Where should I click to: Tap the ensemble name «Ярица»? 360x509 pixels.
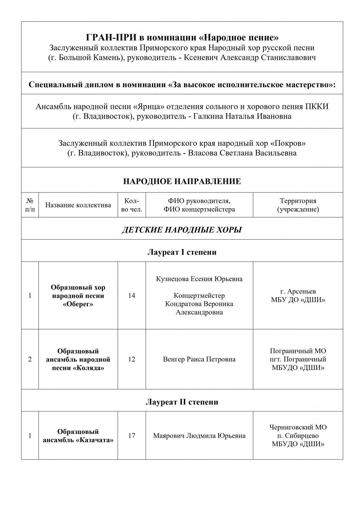tap(149, 107)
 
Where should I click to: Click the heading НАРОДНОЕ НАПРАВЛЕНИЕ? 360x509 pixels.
tap(182, 181)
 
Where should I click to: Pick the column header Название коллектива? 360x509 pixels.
tap(78, 205)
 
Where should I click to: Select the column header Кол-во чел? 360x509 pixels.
tap(132, 205)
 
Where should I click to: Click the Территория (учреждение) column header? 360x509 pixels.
tap(298, 205)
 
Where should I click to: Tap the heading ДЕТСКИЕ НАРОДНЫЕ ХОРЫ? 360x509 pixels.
tap(182, 230)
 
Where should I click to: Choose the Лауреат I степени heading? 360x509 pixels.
tap(182, 252)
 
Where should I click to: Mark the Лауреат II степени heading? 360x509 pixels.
tap(182, 402)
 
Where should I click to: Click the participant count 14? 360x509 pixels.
tap(132, 296)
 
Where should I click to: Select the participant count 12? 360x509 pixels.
tap(132, 359)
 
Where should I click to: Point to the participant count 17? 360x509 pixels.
tap(132, 435)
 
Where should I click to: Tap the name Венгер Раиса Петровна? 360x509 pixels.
tap(199, 359)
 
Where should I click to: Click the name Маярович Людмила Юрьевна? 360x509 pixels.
tap(199, 435)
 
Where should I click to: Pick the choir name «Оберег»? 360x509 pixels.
tap(78, 304)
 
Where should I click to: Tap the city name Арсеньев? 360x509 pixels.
tap(301, 291)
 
